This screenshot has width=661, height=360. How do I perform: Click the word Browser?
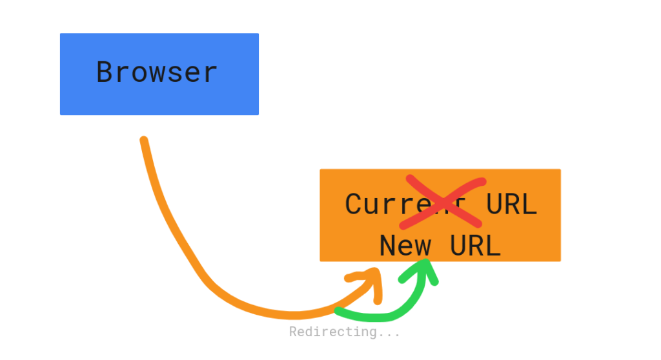coord(157,72)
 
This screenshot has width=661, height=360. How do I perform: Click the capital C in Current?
coord(354,205)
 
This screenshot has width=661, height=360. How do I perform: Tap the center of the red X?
coord(442,201)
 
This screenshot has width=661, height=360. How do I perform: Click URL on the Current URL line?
coord(511,205)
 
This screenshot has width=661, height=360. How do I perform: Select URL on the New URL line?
coord(475,246)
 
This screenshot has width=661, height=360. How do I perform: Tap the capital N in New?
coord(388,246)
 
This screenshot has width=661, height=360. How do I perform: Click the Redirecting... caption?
coord(344,332)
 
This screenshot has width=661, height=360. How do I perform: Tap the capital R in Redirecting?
coord(293,332)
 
